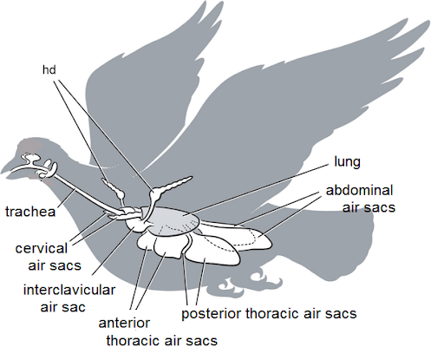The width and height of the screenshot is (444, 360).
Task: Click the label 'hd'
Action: coord(49,69)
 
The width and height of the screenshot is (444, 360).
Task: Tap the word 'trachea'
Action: coord(30,212)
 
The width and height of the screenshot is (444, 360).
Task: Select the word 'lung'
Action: coord(347,162)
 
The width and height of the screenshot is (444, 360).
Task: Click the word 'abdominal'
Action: coord(359,190)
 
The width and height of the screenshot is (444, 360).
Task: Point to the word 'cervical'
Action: coord(42,249)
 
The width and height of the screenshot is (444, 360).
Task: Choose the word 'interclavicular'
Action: coord(69,290)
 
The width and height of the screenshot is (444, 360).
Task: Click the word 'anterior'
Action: coord(124,323)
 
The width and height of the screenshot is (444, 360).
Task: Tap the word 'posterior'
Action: coord(212,314)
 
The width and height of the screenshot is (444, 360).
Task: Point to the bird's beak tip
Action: coord(2,173)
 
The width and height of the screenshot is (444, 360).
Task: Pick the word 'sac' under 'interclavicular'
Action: coord(74,307)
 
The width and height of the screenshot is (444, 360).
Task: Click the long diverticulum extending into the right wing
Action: coord(173,185)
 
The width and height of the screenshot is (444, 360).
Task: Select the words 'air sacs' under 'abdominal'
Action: coord(369,207)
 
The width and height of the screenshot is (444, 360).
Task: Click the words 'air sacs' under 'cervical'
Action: coord(55,265)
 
